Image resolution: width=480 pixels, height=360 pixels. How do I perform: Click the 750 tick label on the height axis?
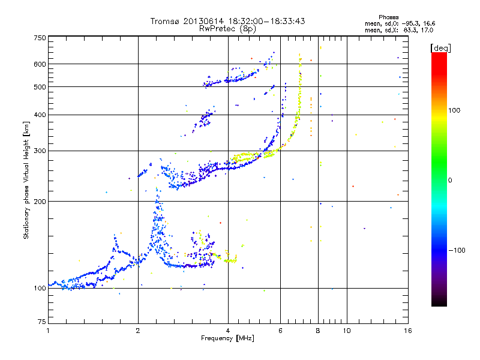click(40, 37)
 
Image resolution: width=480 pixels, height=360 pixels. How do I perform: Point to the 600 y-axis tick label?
click(40, 64)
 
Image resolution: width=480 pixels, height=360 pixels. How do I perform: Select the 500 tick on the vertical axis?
click(40, 87)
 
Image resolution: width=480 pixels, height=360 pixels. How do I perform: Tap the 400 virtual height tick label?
click(40, 115)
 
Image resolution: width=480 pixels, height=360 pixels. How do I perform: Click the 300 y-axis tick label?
click(40, 151)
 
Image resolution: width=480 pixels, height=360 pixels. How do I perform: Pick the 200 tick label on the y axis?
click(40, 202)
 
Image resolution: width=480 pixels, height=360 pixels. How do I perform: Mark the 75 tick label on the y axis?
click(41, 323)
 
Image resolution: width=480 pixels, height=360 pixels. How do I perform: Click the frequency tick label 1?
click(48, 331)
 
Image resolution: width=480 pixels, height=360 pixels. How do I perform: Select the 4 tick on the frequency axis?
click(228, 331)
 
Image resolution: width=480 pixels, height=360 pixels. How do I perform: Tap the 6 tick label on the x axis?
click(280, 331)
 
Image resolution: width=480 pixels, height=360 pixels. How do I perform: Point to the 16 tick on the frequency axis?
click(407, 331)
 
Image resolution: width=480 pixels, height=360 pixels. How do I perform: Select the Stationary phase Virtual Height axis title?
click(26, 180)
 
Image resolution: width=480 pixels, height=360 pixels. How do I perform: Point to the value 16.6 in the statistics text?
click(427, 23)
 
